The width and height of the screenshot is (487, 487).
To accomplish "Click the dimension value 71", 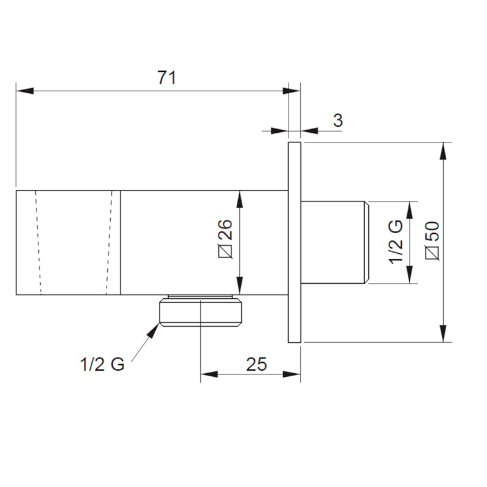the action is tap(167, 78).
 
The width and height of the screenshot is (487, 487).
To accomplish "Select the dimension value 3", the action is tap(338, 120).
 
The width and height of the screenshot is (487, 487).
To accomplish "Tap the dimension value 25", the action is tap(256, 364).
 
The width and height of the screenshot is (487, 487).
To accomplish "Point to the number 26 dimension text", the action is tap(225, 229).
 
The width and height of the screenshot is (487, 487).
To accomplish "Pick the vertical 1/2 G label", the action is tap(396, 242).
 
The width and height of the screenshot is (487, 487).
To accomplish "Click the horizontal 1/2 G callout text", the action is tap(102, 364).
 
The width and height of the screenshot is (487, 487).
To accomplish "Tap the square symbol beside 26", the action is tap(225, 251).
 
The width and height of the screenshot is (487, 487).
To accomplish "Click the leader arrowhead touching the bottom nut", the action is tap(153, 331).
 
